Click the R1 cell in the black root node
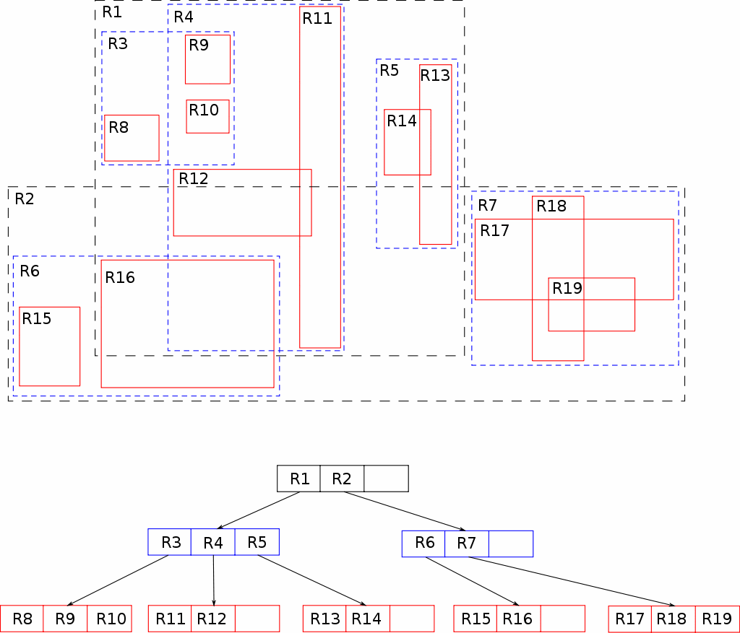coord(298,479)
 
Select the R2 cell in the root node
coord(342,479)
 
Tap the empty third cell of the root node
coord(386,479)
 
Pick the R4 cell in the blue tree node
coord(213,542)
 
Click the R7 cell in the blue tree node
coord(467,544)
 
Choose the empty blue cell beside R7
coord(511,544)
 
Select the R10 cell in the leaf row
coord(110,619)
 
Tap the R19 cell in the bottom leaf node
coord(718,619)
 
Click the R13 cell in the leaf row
coord(324,619)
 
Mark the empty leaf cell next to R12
coord(257,619)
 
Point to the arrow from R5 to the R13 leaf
coord(312,580)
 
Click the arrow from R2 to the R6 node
coord(405,511)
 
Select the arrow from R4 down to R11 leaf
coord(214,580)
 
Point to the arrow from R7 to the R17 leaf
coord(572,581)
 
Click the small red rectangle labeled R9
coord(207,59)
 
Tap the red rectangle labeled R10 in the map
coord(207,116)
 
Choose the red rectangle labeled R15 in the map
coord(50,346)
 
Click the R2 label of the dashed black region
coord(25,199)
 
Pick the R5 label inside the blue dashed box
coord(390,70)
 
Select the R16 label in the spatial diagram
coord(120,277)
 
